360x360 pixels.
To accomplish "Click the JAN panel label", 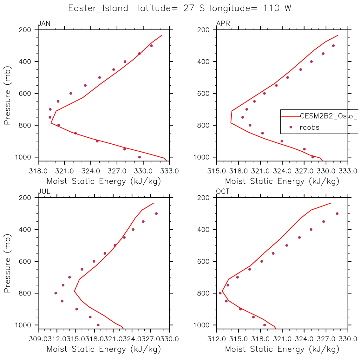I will pyautogui.click(x=44, y=23).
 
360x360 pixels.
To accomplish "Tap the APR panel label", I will pyautogui.click(x=223, y=23).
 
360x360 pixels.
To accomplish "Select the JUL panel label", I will pyautogui.click(x=44, y=192).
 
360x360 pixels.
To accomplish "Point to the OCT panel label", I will pyautogui.click(x=223, y=192).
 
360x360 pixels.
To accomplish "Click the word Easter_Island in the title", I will pyautogui.click(x=98, y=8).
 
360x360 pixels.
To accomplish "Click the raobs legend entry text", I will pyautogui.click(x=310, y=128).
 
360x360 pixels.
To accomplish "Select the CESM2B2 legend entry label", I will pyautogui.click(x=329, y=116).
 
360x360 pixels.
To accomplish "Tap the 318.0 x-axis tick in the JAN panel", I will pyautogui.click(x=38, y=171).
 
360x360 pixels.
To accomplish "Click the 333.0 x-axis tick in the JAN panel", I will pyautogui.click(x=170, y=171).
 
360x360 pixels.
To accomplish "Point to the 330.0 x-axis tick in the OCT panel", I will pyautogui.click(x=348, y=339).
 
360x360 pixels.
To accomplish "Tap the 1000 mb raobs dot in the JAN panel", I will pyautogui.click(x=140, y=157).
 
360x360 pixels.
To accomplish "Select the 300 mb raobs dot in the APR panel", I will pyautogui.click(x=333, y=46).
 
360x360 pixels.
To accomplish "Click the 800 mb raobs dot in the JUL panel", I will pyautogui.click(x=56, y=293).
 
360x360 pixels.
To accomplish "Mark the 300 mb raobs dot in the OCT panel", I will pyautogui.click(x=337, y=213).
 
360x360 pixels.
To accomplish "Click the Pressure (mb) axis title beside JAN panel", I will pyautogui.click(x=8, y=95).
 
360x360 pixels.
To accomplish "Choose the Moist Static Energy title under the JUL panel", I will pyautogui.click(x=104, y=350).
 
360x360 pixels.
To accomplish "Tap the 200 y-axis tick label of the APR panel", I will pyautogui.click(x=204, y=30).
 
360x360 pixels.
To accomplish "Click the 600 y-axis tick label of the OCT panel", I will pyautogui.click(x=204, y=261).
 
